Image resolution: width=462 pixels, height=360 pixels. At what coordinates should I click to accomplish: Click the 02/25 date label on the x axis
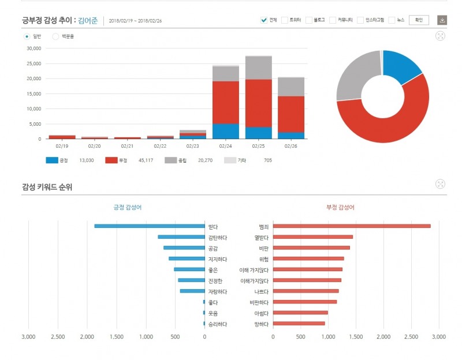point(258,146)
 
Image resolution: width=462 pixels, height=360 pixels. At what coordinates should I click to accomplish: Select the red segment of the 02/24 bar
point(226,102)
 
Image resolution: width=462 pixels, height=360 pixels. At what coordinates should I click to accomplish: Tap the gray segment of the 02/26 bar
point(291,87)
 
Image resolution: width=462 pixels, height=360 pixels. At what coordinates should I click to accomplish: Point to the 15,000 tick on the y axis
point(33,93)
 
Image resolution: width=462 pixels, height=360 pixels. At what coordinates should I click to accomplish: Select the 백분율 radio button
point(56,36)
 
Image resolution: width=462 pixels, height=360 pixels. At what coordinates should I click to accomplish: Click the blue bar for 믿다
point(150,226)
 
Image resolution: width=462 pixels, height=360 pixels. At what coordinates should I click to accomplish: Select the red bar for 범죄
point(352,226)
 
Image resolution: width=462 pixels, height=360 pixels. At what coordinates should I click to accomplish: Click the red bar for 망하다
point(299,324)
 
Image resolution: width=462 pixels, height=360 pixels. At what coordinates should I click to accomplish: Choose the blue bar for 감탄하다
point(181,237)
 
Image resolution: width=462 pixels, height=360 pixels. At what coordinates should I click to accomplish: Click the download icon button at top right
point(442,20)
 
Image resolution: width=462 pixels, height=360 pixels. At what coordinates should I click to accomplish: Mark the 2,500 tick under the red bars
point(411,336)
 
